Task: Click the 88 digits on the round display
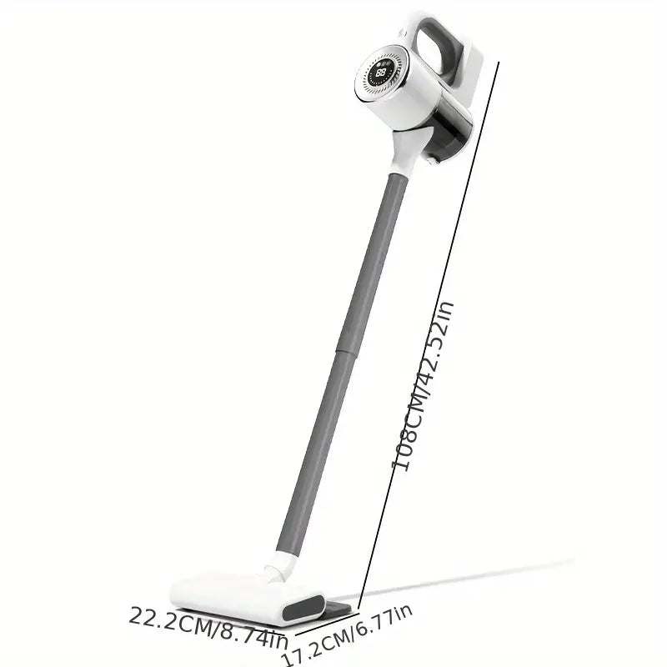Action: pos(381,72)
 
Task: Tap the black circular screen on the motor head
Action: pos(382,72)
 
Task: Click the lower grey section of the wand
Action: pos(314,452)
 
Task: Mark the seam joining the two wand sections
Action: pos(345,351)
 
